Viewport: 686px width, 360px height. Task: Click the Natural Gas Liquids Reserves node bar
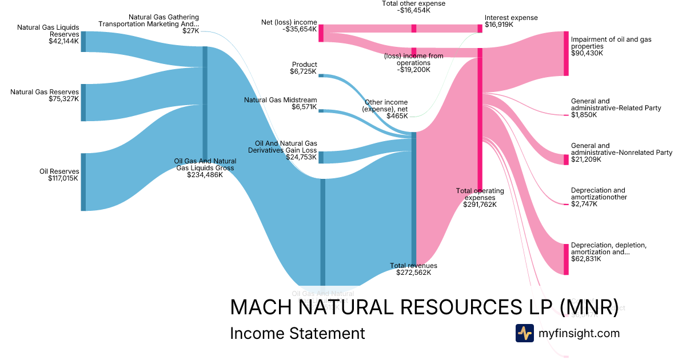coord(83,42)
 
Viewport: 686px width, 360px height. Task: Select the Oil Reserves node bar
coord(83,182)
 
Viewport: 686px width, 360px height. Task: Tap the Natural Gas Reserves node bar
coord(83,102)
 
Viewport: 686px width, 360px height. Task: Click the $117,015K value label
coord(63,178)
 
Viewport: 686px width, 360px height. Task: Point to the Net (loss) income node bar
coord(321,33)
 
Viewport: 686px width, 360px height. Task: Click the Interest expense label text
coord(511,18)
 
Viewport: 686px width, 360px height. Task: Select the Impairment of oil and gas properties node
coord(566,54)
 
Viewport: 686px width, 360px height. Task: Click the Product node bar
coord(321,75)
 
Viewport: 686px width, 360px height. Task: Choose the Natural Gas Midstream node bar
coord(321,111)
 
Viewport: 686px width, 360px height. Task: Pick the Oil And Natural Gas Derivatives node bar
coord(321,157)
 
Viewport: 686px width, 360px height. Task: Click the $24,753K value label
coord(301,157)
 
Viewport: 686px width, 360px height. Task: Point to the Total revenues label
coord(413,266)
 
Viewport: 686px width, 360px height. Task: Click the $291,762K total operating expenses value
coord(480,205)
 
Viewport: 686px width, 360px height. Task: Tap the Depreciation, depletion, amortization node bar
coord(566,259)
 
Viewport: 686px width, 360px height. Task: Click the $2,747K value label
coord(584,204)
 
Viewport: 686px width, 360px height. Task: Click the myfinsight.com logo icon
coord(525,333)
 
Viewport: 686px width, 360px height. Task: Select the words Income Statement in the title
coord(297,333)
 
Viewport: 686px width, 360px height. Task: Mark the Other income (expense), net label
coord(386,109)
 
